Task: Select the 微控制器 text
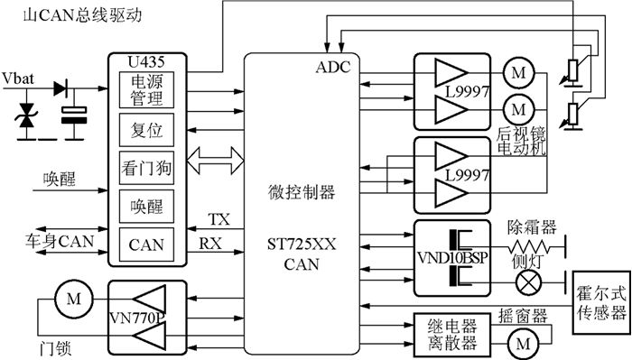(x=302, y=192)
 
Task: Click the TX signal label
(x=219, y=220)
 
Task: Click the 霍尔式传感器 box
(x=600, y=303)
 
